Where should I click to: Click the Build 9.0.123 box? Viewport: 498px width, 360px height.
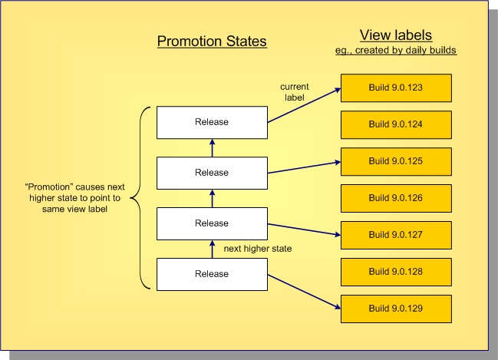395,88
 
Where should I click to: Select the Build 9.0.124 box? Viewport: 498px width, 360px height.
395,124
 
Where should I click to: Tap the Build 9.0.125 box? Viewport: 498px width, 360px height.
395,161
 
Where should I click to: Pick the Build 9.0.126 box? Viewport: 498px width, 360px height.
395,198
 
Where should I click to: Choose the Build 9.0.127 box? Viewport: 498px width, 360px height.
395,235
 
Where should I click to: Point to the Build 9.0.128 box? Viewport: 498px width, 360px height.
395,272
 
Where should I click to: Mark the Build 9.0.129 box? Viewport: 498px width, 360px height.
395,309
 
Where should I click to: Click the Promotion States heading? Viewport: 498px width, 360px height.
212,41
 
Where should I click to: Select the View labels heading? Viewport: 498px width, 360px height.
395,35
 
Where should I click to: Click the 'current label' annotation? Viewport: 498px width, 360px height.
294,91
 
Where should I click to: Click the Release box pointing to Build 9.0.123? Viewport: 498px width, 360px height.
212,122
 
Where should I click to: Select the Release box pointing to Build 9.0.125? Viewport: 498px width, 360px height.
212,173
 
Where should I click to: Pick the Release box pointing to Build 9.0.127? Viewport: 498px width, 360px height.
212,223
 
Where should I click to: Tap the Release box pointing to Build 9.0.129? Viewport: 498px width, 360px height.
212,274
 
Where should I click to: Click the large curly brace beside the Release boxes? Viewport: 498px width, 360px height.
139,199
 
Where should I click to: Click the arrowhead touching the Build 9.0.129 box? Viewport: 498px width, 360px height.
337,307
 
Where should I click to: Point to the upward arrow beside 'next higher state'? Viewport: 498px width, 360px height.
212,248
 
